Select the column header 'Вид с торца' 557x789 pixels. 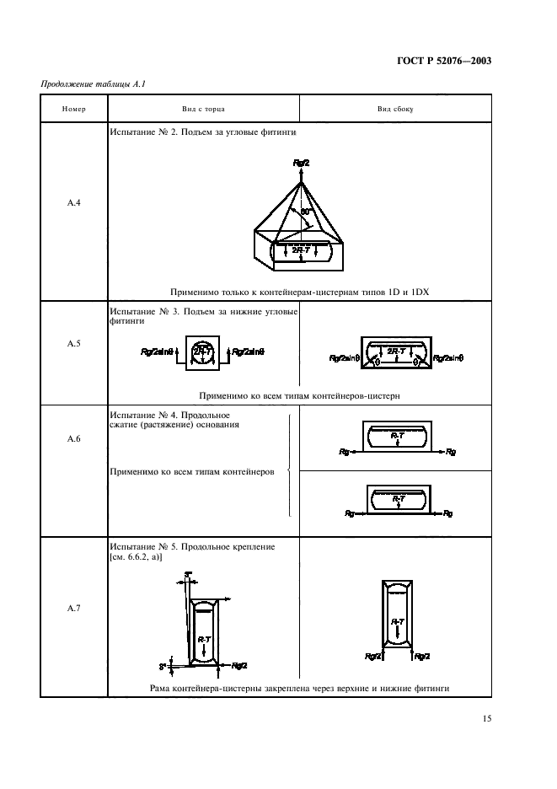[203, 110]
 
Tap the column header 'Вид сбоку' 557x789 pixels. [394, 110]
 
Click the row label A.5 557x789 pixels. [74, 343]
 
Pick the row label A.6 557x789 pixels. [74, 461]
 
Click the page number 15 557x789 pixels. [486, 719]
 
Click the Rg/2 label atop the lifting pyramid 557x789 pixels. [302, 162]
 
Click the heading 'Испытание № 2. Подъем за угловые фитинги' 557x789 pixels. [202, 133]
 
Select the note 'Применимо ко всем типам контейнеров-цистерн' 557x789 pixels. [298, 394]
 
